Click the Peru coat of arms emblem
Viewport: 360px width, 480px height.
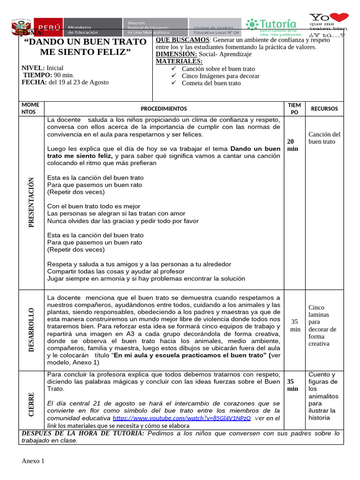(x=21, y=26)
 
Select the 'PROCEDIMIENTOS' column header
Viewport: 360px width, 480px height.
(x=164, y=109)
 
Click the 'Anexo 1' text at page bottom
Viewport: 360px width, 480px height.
(x=33, y=461)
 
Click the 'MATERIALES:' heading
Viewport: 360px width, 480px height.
(x=179, y=61)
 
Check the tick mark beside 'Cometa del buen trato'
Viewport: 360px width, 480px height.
(x=174, y=83)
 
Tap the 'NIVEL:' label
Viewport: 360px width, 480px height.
(x=33, y=68)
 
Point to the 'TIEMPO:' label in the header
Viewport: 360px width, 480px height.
(x=38, y=75)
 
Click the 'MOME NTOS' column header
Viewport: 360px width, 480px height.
(x=30, y=109)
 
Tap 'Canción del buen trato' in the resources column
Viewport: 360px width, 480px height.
(x=324, y=138)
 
